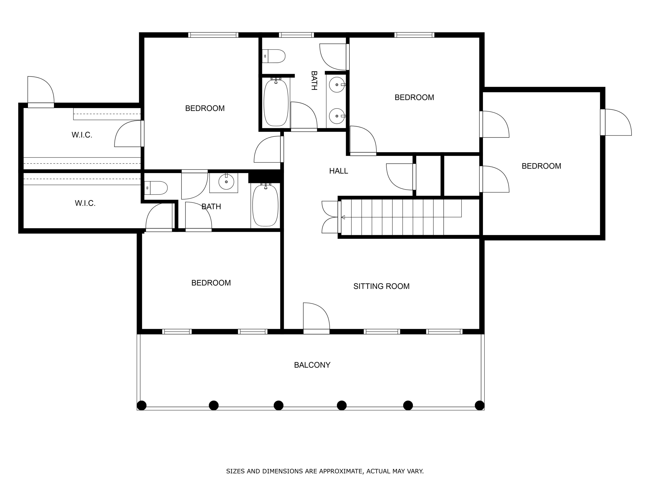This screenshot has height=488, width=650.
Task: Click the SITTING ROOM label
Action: tap(381, 286)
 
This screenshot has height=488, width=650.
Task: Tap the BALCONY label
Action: tap(312, 365)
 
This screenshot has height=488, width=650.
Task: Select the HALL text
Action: tap(338, 171)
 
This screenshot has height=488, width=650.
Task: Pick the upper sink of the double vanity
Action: tap(337, 85)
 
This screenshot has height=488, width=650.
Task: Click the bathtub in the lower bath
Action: tap(265, 205)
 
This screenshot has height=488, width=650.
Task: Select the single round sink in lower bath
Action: tap(226, 182)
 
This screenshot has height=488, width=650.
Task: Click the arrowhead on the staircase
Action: tap(343, 217)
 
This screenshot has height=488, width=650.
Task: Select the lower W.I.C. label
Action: tap(85, 203)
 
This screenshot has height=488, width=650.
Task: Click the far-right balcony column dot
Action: tap(479, 405)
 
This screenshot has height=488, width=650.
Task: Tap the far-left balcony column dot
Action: tap(142, 405)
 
